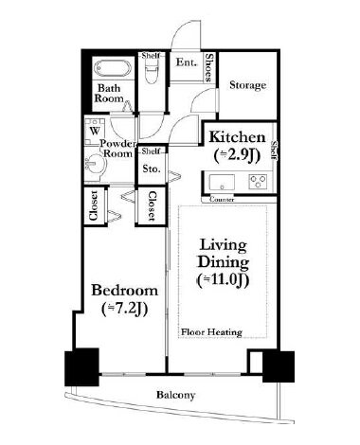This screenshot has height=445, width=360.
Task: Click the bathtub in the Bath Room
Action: pyautogui.click(x=114, y=68)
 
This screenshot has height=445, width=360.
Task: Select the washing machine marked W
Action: pyautogui.click(x=95, y=132)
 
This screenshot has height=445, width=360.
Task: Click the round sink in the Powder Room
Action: pyautogui.click(x=96, y=163)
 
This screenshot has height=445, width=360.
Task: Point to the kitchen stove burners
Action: pyautogui.click(x=258, y=182)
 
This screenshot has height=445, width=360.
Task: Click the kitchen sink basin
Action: pyautogui.click(x=222, y=182)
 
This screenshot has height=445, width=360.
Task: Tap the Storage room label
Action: pyautogui.click(x=247, y=85)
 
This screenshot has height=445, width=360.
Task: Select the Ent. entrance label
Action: pyautogui.click(x=186, y=62)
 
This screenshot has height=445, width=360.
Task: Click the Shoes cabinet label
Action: pyautogui.click(x=208, y=67)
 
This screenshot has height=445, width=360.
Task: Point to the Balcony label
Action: pyautogui.click(x=175, y=395)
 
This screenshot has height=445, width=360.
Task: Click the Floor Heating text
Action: pyautogui.click(x=211, y=332)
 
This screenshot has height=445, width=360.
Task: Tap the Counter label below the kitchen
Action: pyautogui.click(x=222, y=200)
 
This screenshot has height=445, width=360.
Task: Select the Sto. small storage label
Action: pyautogui.click(x=152, y=169)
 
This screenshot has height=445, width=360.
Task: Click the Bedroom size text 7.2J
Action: pyautogui.click(x=125, y=310)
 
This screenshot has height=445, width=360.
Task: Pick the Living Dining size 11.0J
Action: pyautogui.click(x=224, y=280)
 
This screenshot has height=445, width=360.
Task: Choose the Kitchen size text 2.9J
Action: pyautogui.click(x=237, y=155)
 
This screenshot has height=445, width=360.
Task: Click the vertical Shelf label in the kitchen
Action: pyautogui.click(x=274, y=151)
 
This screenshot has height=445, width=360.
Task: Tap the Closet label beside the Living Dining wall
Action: pyautogui.click(x=152, y=205)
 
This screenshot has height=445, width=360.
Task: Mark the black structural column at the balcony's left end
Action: pyautogui.click(x=81, y=367)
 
